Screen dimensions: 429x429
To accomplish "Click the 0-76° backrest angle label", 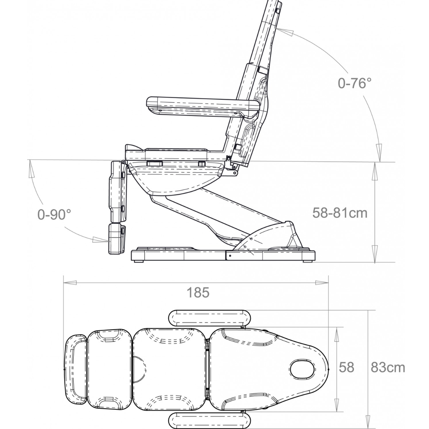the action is coord(354,83).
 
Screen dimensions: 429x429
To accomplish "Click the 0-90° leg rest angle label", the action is coord(54,214).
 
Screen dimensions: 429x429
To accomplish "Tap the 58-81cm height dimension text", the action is coord(340,212).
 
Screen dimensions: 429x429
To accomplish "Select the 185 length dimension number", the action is coord(198,292).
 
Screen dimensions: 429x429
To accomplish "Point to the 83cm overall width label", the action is coord(388,367).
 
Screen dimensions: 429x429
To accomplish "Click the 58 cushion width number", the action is coord(346,367).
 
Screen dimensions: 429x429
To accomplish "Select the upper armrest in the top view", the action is coord(209,318).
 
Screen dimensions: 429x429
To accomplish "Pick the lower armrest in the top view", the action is coord(209,420).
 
